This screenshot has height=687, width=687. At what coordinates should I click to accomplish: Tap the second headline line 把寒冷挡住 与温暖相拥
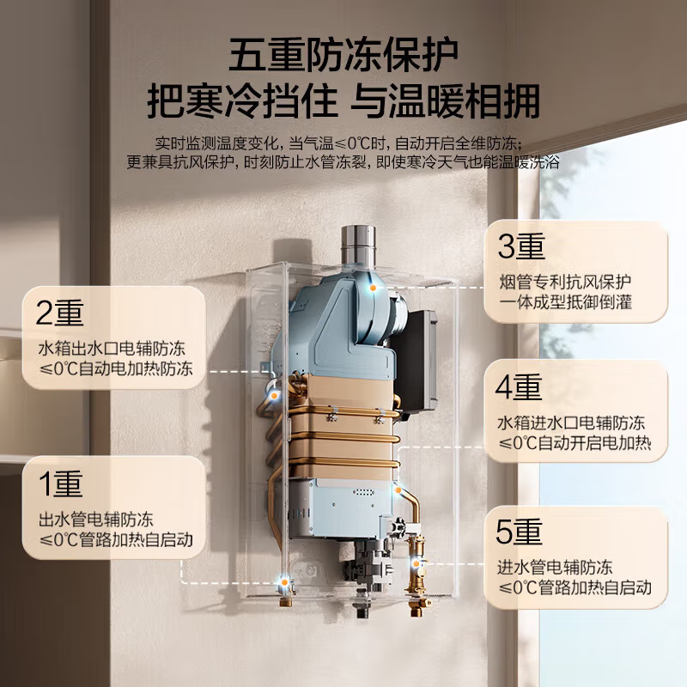pyautogui.click(x=343, y=100)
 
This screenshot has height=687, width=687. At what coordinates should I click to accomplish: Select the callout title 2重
pyautogui.click(x=60, y=313)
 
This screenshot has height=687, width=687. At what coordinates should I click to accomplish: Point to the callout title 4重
pyautogui.click(x=520, y=388)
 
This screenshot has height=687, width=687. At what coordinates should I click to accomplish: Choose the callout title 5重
pyautogui.click(x=520, y=532)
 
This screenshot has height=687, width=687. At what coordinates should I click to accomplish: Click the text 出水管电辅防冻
pyautogui.click(x=95, y=520)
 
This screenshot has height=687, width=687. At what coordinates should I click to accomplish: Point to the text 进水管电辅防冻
pyautogui.click(x=555, y=568)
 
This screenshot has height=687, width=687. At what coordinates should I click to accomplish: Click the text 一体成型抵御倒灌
pyautogui.click(x=570, y=303)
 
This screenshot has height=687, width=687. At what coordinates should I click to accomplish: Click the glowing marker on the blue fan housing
pyautogui.click(x=373, y=289)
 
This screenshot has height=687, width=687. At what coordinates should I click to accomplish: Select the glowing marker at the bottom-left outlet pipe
pyautogui.click(x=283, y=584)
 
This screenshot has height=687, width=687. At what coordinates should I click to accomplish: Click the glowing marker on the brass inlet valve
pyautogui.click(x=419, y=564)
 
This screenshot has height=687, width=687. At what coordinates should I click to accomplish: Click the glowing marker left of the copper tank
pyautogui.click(x=275, y=396)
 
